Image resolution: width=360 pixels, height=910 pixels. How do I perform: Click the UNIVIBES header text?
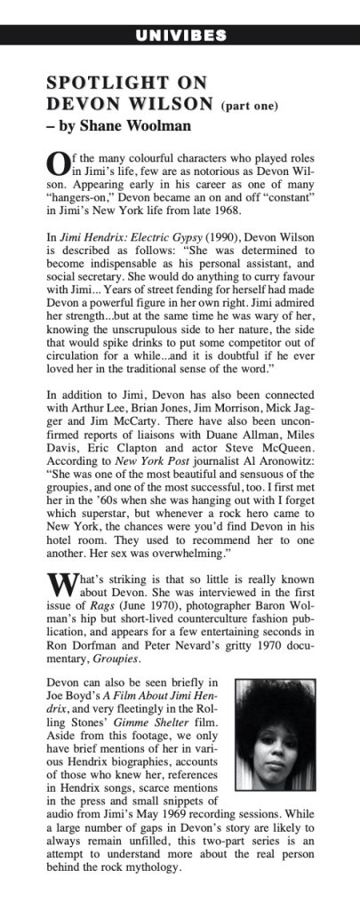(x=180, y=36)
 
